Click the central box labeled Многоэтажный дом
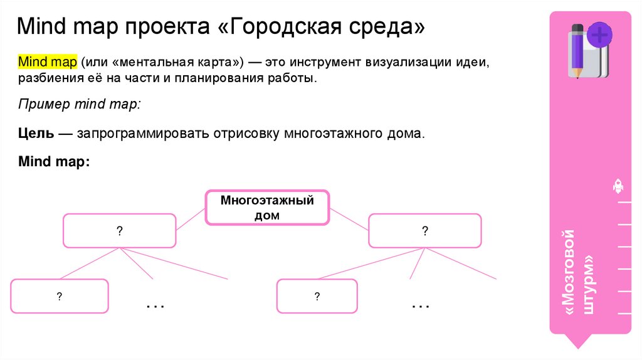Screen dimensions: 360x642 pyautogui.click(x=267, y=208)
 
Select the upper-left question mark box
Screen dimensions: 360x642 pyautogui.click(x=119, y=231)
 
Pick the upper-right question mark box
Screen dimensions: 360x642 pyautogui.click(x=424, y=231)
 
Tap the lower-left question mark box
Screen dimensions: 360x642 pyautogui.click(x=60, y=296)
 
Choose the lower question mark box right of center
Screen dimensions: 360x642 pyautogui.click(x=317, y=296)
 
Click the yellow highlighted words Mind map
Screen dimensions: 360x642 pyautogui.click(x=48, y=63)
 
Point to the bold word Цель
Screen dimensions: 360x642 pyautogui.click(x=37, y=134)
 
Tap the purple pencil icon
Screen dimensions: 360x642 pyautogui.click(x=577, y=51)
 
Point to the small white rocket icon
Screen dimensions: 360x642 pyautogui.click(x=618, y=186)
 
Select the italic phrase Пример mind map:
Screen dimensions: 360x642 pyautogui.click(x=79, y=105)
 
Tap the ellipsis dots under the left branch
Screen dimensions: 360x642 pyautogui.click(x=155, y=306)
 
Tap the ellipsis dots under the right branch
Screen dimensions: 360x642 pyautogui.click(x=421, y=306)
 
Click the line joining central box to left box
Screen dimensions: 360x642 pyautogui.click(x=191, y=219)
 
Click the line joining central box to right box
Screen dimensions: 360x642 pyautogui.click(x=349, y=219)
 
